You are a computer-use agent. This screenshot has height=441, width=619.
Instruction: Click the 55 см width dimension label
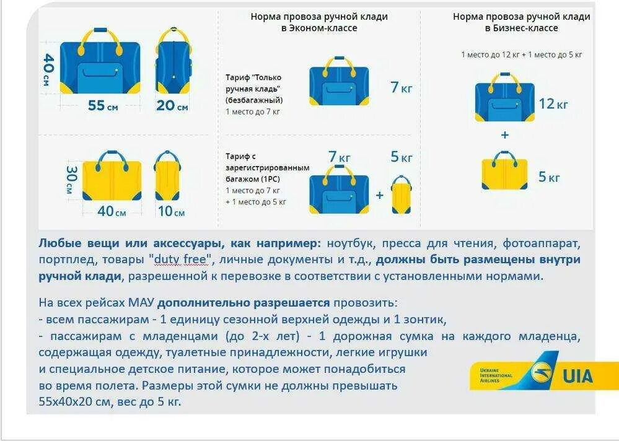pos(103,105)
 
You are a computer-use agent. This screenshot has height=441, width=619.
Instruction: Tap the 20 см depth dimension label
pos(172,105)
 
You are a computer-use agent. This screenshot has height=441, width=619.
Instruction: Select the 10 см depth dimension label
pos(171,211)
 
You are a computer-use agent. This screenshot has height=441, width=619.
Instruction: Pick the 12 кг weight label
pos(553,103)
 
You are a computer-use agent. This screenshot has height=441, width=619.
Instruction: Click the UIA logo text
pos(577,376)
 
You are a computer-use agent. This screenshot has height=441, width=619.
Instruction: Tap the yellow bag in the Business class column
pos(504,172)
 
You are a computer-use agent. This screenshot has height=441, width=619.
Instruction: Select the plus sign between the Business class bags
pos(504,134)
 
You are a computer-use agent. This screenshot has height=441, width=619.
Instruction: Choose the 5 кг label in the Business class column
pos(549,177)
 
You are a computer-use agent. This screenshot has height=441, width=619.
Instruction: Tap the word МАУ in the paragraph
pos(141,303)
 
